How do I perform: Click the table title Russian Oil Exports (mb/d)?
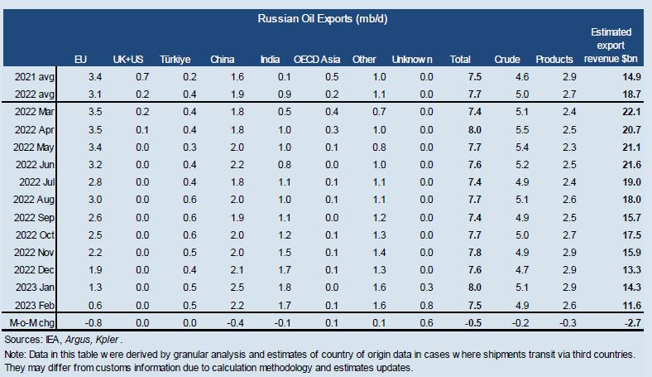pyautogui.click(x=325, y=18)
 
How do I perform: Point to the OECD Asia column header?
pyautogui.click(x=315, y=60)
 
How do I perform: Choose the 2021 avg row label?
pyautogui.click(x=35, y=77)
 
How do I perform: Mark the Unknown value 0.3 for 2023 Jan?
pyautogui.click(x=426, y=287)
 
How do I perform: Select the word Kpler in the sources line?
pyautogui.click(x=112, y=339)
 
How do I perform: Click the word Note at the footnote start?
pyautogui.click(x=14, y=354)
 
